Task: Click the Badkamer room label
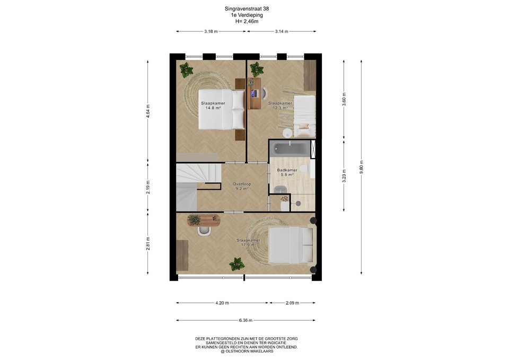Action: pos(287,170)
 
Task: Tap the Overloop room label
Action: pos(242,184)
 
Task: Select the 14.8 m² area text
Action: pos(213,108)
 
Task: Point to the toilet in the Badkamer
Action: pos(305,169)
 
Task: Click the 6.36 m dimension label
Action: pos(245,320)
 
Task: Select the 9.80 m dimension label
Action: pos(361,167)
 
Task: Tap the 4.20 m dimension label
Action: pos(222,303)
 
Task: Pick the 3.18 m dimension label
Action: pos(211,31)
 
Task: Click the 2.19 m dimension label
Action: pos(148,187)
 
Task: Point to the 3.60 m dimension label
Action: pos(344,99)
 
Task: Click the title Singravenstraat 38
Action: pos(247,9)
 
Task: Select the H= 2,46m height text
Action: pos(247,21)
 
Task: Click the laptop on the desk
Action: pos(254,93)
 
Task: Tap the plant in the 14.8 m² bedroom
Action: pos(186,69)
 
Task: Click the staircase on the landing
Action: pos(198,187)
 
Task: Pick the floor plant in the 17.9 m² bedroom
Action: pos(236,264)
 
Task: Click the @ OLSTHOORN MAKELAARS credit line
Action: pos(247,351)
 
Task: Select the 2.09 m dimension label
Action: pos(292,303)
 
